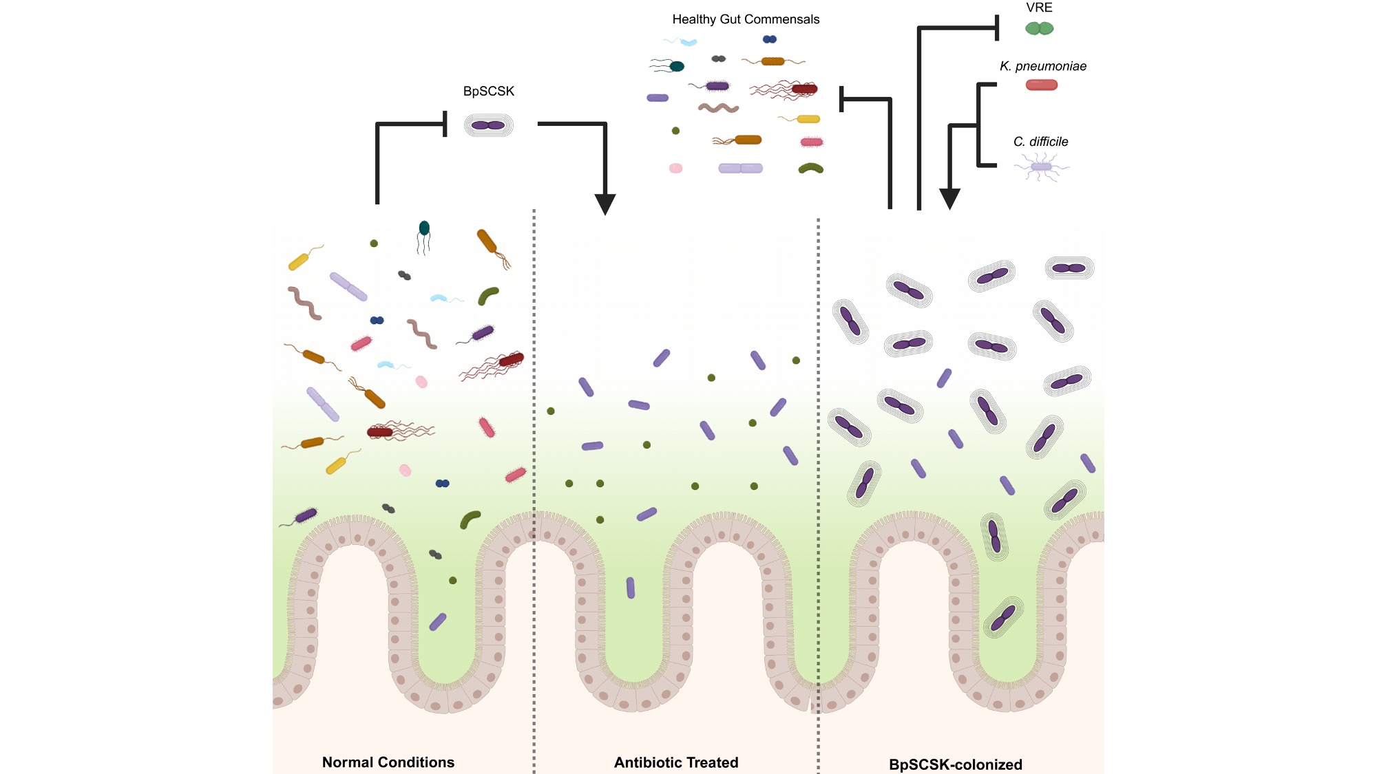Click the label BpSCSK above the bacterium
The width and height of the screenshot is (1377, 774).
point(488,92)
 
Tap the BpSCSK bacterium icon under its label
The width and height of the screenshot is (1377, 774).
point(488,125)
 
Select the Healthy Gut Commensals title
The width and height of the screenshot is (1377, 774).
point(746,19)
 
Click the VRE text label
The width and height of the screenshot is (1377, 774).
point(1039,8)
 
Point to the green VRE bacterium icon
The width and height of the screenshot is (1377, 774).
point(1039,28)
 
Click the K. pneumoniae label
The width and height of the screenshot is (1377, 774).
point(1042,66)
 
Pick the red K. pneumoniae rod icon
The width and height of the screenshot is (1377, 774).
point(1041,85)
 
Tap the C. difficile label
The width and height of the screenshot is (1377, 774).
point(1040,142)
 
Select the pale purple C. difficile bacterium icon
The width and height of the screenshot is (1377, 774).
point(1041,167)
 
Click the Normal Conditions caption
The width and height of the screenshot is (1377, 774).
point(388,762)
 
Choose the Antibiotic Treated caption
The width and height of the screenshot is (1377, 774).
point(675,762)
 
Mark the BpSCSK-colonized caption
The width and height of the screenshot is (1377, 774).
point(955,764)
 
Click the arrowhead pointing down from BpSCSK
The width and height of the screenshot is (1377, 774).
point(605,204)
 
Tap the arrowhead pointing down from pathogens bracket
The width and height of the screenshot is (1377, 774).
point(949,199)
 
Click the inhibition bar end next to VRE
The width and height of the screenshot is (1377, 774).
point(997,28)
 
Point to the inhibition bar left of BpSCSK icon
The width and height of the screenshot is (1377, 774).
point(445,124)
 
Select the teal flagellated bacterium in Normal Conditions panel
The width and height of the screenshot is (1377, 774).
point(424,228)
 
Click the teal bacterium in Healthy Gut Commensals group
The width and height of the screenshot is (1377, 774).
point(677,66)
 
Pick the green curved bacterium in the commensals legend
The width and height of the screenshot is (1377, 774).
point(810,168)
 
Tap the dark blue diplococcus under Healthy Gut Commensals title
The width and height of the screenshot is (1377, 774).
point(769,39)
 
